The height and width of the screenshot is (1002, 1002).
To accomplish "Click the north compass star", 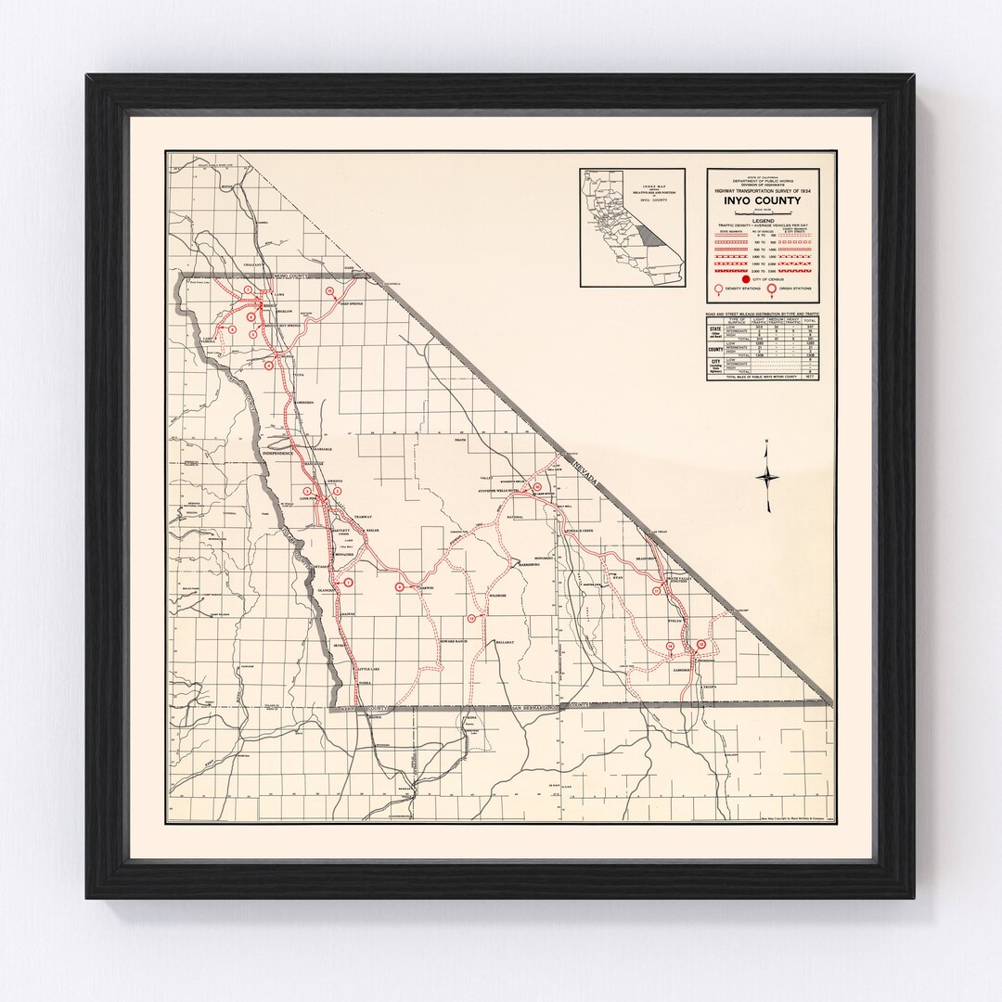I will tap(768, 478).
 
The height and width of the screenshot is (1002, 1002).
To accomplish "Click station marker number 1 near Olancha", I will tap(348, 582).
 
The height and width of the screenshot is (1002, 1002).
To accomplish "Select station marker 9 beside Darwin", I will tap(400, 586).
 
